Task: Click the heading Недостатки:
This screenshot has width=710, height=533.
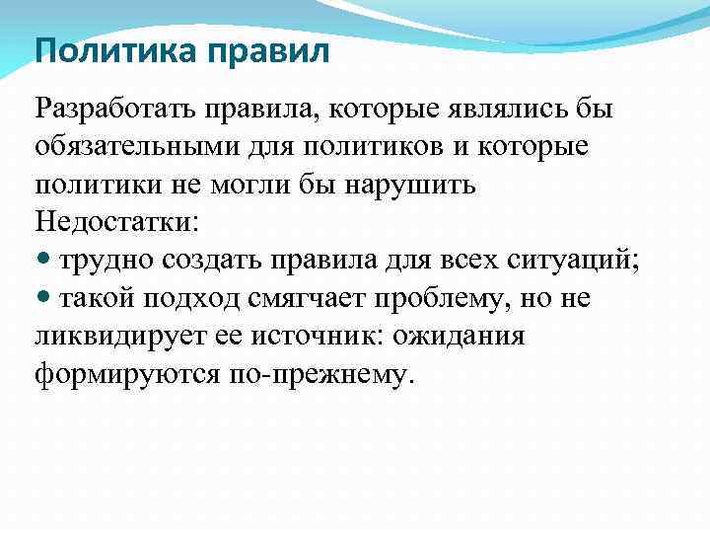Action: [x=115, y=222]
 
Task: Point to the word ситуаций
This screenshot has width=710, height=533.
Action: [x=576, y=261]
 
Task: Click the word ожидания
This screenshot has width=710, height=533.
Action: [x=459, y=337]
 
